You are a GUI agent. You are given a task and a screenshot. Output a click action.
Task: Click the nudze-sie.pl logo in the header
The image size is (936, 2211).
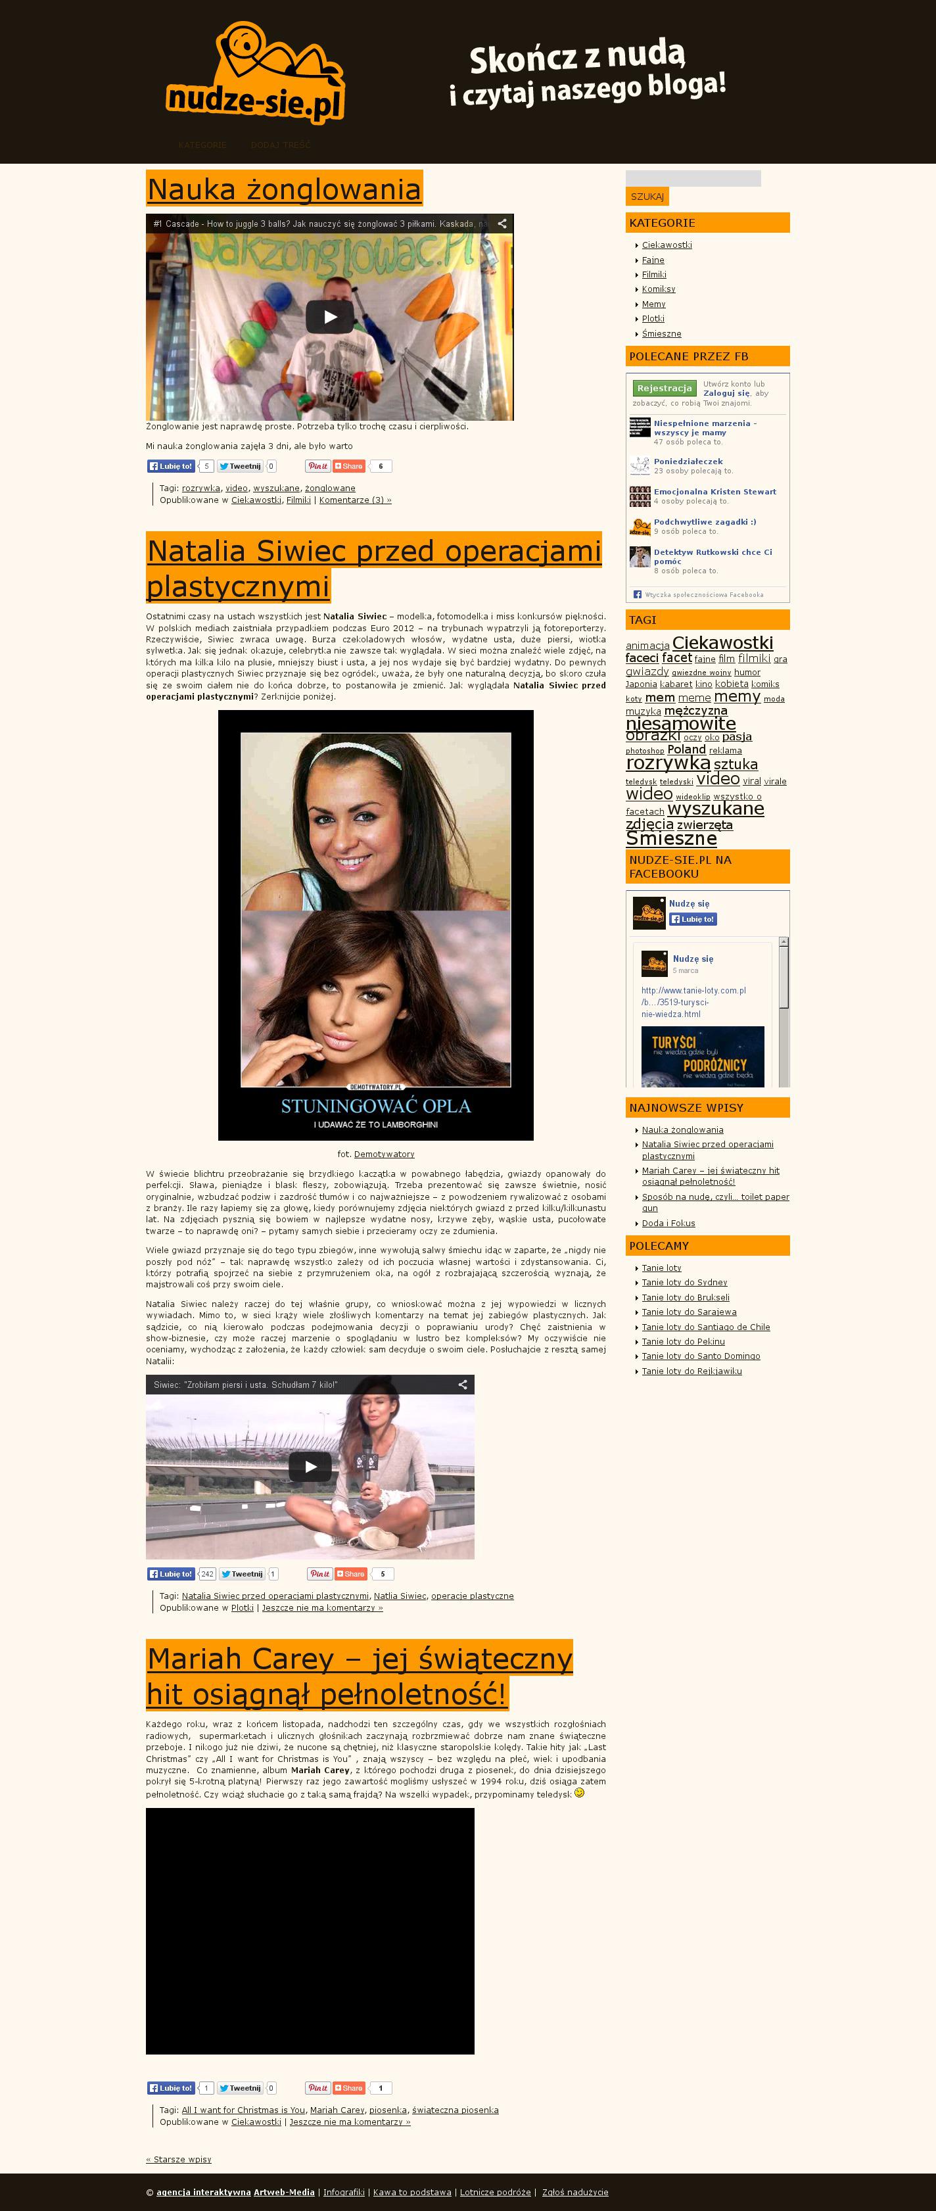(x=255, y=76)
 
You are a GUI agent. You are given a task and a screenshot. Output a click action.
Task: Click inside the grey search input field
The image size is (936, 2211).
(x=692, y=179)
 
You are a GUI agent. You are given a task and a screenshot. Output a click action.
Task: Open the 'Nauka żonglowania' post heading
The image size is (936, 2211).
(x=284, y=189)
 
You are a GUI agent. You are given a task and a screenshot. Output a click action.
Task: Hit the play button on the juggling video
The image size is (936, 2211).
(x=329, y=317)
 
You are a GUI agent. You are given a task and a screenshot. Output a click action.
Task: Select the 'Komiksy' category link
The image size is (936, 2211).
(x=658, y=289)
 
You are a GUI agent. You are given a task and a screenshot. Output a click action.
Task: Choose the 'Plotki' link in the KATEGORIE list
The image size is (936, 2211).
(x=653, y=318)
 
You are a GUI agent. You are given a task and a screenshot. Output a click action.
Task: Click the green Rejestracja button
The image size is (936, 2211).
(x=664, y=388)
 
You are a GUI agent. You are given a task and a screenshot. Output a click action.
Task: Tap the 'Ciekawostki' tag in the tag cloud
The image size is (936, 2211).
(x=722, y=643)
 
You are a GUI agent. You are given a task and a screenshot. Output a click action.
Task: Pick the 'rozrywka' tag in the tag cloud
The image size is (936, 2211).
(x=667, y=763)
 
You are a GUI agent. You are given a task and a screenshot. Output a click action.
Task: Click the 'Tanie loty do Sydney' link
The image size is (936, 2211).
(x=684, y=1282)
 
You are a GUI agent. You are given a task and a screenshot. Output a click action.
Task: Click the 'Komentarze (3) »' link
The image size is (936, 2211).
(x=354, y=500)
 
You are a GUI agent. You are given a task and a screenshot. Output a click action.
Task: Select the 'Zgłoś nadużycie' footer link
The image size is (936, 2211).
(x=575, y=2192)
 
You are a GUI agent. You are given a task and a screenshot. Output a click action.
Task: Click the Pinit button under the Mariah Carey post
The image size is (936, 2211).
(x=317, y=2087)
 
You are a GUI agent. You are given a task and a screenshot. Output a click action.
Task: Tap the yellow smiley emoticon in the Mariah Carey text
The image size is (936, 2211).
(x=579, y=1793)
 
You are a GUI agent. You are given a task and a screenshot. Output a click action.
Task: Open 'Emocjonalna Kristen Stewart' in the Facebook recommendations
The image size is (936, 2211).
(x=714, y=492)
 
